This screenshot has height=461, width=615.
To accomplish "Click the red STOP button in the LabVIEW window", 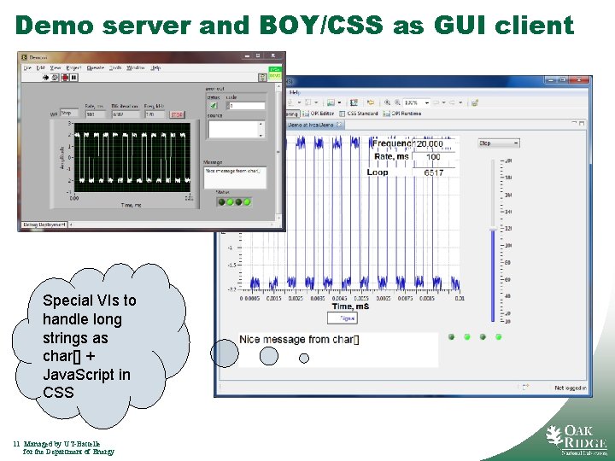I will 177,114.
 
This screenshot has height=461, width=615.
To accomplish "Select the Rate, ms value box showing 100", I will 433,157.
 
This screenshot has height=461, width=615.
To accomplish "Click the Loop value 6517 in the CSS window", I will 433,172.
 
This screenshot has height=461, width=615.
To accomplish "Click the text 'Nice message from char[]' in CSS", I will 299,340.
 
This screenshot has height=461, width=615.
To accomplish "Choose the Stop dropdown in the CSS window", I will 498,143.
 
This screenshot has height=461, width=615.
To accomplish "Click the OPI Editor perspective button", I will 320,114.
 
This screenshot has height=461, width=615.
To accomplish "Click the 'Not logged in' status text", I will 570,388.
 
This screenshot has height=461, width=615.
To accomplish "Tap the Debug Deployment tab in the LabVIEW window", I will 43,225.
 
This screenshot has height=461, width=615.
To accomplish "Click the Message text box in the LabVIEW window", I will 234,176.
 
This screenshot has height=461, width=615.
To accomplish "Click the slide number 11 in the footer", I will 17,444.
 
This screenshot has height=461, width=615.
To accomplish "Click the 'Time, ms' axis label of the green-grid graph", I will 132,205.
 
